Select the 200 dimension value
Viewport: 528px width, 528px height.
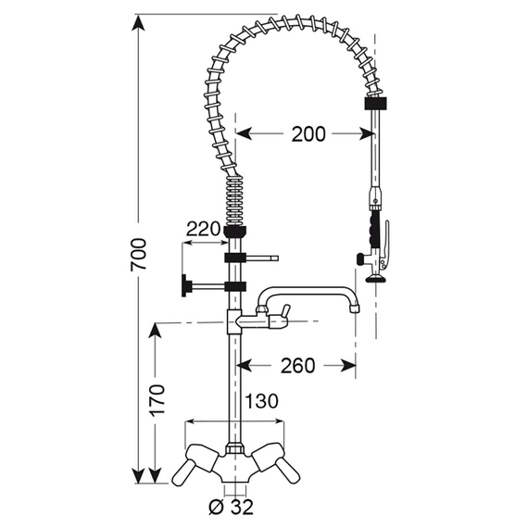(307, 134)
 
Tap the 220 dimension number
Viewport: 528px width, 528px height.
(203, 229)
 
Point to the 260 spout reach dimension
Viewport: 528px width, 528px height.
(296, 365)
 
